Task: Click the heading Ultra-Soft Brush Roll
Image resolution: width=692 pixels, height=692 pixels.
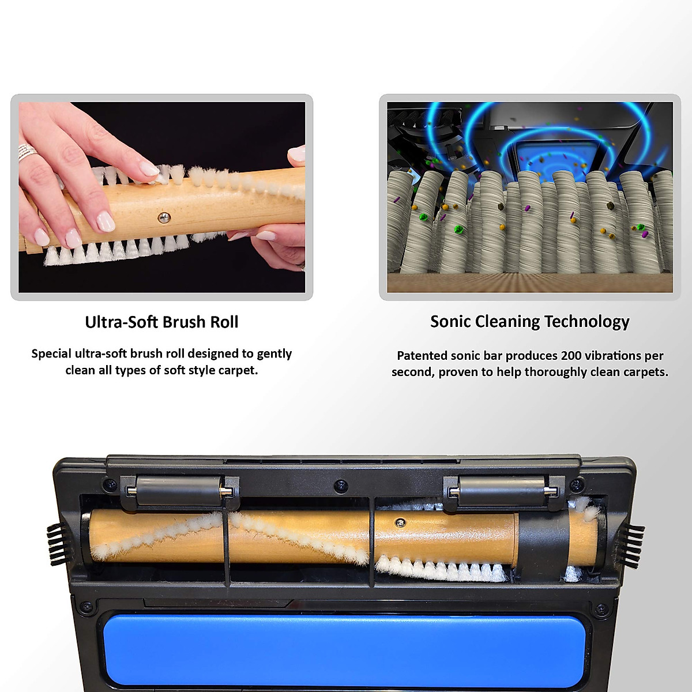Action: coord(161,322)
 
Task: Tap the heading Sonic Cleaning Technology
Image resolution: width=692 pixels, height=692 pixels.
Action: coord(529,322)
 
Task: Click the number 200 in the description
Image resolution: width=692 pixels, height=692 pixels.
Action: coord(571,356)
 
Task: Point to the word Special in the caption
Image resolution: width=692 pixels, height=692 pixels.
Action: coord(52,353)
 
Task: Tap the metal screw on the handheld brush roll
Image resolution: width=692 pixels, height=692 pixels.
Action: coord(164,217)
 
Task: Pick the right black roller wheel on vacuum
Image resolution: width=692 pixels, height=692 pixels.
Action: coord(502,491)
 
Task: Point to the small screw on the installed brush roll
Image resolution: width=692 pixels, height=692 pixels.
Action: coord(398,522)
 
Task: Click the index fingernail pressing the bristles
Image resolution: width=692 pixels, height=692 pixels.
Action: coord(149,168)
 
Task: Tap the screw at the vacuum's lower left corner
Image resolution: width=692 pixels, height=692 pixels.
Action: coord(86,607)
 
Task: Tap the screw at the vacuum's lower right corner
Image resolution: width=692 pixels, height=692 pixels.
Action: coord(601,608)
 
